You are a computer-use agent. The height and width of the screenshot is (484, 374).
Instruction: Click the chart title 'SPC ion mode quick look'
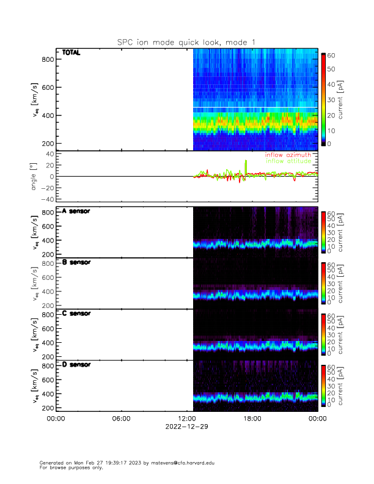point(186,42)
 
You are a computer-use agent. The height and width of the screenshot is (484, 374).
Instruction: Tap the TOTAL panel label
point(71,53)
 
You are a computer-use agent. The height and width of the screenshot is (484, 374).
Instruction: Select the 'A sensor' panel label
point(76,211)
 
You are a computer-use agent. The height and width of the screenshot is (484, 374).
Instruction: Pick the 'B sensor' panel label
point(76,263)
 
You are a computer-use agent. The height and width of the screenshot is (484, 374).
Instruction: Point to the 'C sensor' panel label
point(76,313)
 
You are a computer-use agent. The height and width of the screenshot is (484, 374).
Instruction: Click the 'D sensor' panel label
point(76,365)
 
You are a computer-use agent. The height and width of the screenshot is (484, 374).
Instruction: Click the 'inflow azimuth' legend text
point(287,155)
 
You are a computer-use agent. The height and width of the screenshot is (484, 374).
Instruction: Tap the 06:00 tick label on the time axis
point(121,419)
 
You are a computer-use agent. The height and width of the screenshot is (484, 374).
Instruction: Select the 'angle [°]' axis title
point(34,177)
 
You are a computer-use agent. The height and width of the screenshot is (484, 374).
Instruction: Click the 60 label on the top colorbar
point(331,55)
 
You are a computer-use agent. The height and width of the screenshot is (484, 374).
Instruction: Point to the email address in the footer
point(186,463)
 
